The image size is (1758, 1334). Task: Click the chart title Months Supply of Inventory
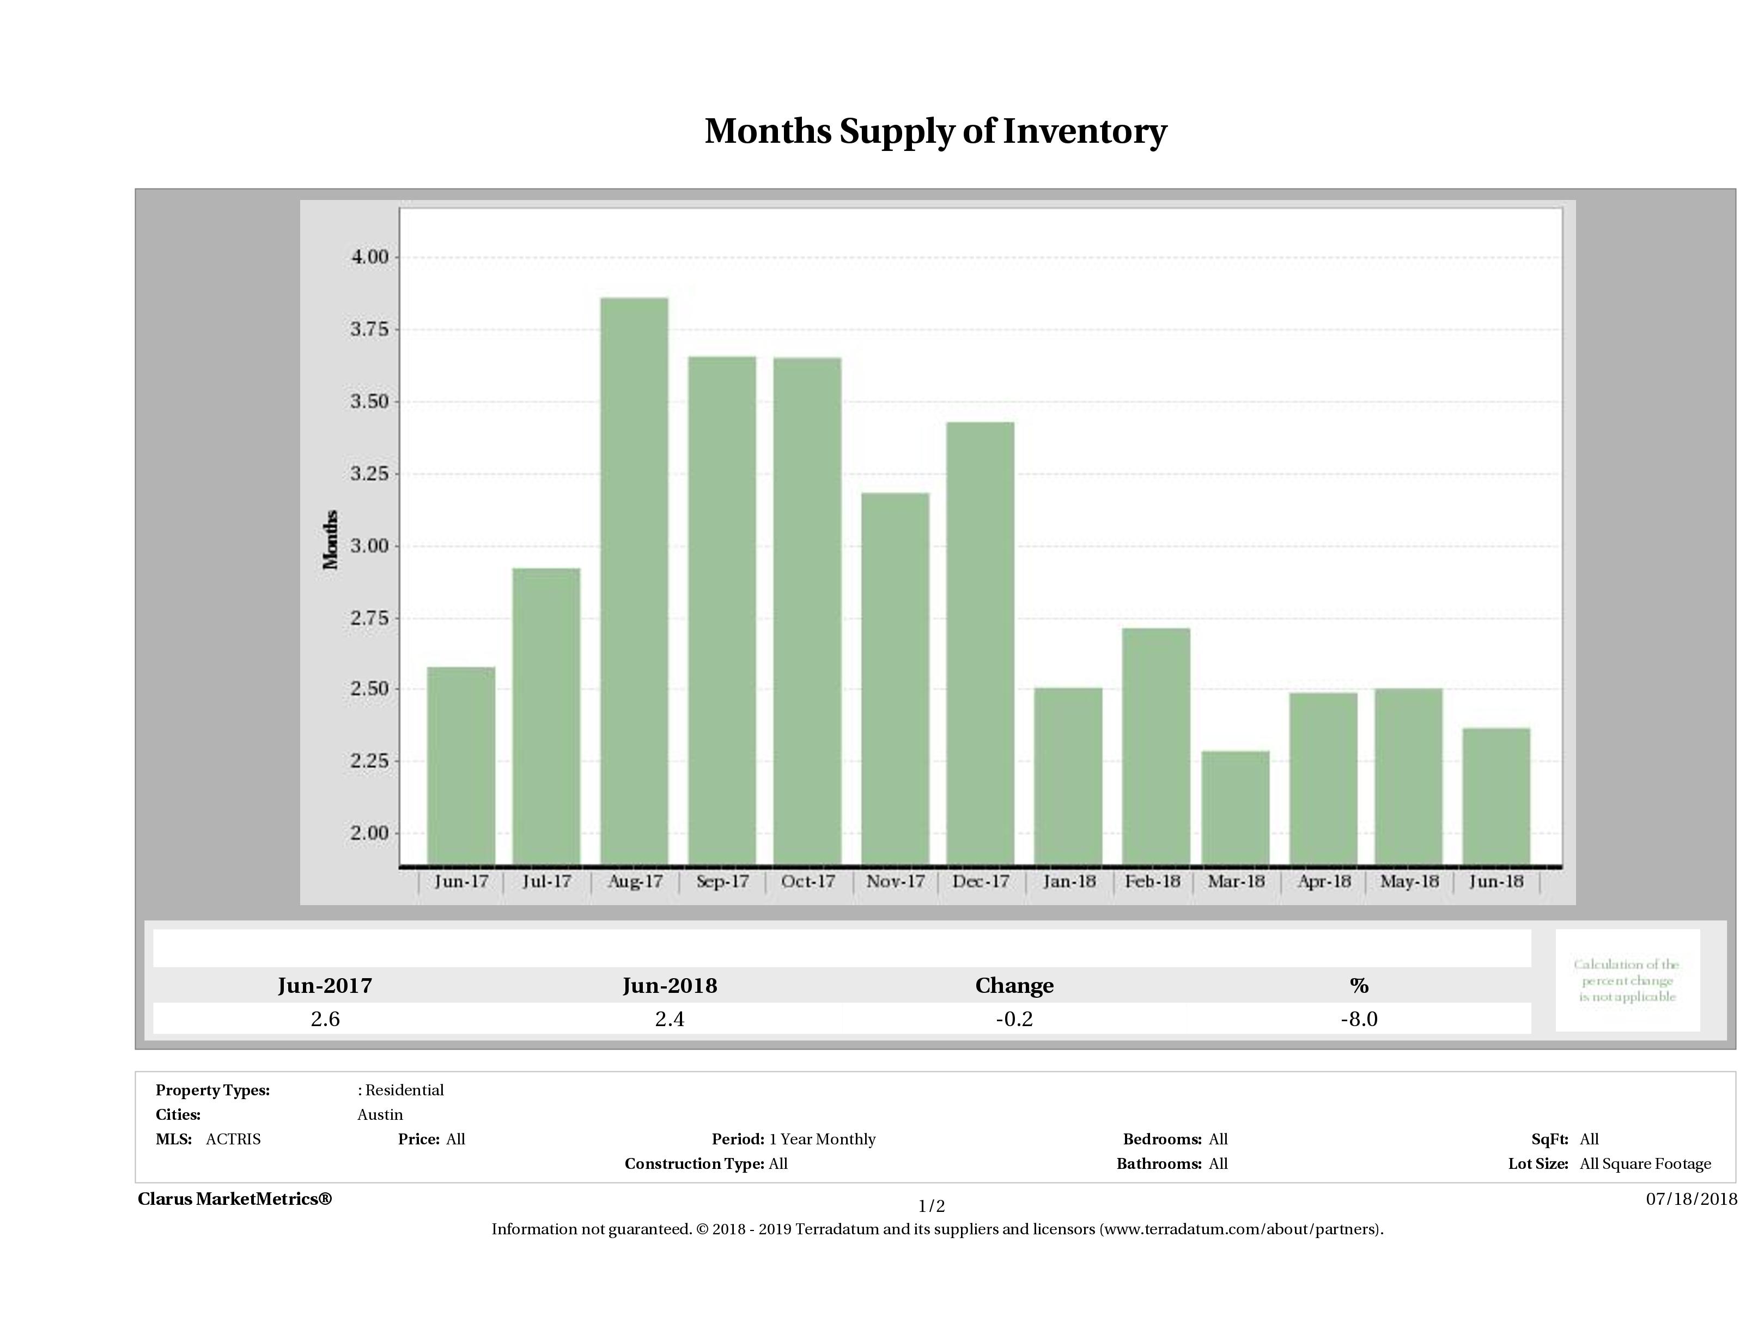pyautogui.click(x=935, y=131)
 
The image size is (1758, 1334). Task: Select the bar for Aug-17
pyautogui.click(x=634, y=580)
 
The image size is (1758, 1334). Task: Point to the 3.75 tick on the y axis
pyautogui.click(x=369, y=329)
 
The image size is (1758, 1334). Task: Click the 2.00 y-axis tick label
pyautogui.click(x=369, y=833)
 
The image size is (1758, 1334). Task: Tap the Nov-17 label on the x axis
pyautogui.click(x=895, y=882)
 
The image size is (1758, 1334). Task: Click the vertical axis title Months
pyautogui.click(x=331, y=540)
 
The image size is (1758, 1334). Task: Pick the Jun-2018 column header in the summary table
pyautogui.click(x=669, y=986)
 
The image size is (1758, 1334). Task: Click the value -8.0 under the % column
pyautogui.click(x=1358, y=1019)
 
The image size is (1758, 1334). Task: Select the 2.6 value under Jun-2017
pyautogui.click(x=325, y=1019)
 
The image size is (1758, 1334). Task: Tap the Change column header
pyautogui.click(x=1014, y=986)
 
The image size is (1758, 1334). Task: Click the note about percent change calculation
pyautogui.click(x=1627, y=980)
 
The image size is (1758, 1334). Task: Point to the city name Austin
pyautogui.click(x=380, y=1114)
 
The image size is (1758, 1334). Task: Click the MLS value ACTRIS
pyautogui.click(x=233, y=1139)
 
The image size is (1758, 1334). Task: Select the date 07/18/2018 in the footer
pyautogui.click(x=1691, y=1199)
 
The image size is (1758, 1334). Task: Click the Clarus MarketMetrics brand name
pyautogui.click(x=234, y=1199)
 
